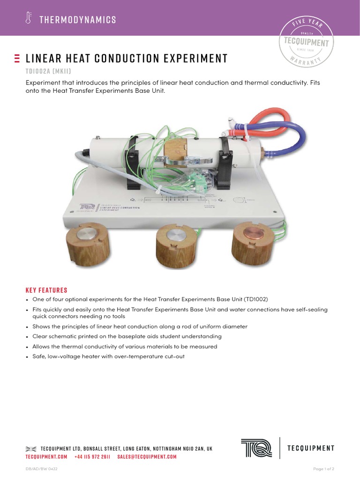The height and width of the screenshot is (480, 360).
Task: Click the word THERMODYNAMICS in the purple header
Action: tap(78, 20)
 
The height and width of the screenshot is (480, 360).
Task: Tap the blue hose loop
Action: tap(291, 136)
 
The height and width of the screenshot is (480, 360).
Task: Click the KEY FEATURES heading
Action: tap(46, 290)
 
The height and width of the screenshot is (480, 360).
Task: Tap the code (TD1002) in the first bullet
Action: tap(255, 299)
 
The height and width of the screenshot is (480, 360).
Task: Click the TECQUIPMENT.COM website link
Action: tap(46, 457)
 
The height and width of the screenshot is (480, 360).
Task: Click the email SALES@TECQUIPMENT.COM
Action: tap(147, 457)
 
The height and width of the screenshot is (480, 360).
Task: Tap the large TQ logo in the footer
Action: tap(256, 448)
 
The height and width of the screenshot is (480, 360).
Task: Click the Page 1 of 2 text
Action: tap(323, 469)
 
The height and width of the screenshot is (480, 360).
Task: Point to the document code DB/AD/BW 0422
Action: tap(42, 469)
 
